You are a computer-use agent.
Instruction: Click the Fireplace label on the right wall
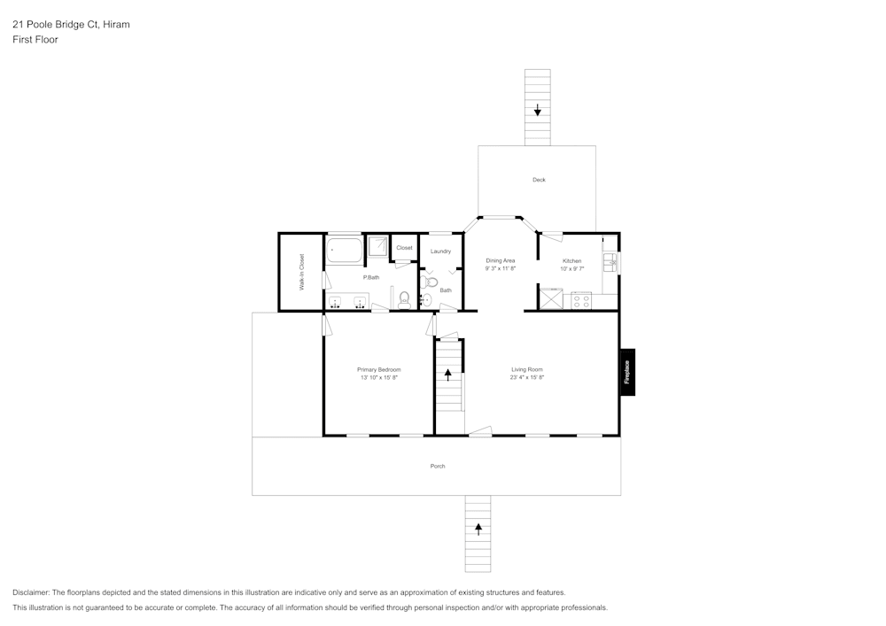click(x=627, y=371)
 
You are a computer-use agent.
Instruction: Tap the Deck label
click(x=539, y=180)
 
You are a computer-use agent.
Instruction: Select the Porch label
click(x=438, y=466)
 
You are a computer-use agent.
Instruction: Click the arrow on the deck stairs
click(x=538, y=111)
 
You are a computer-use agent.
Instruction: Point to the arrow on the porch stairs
click(x=478, y=529)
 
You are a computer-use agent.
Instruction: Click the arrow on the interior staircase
click(x=448, y=374)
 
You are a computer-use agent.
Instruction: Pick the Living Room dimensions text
click(x=526, y=377)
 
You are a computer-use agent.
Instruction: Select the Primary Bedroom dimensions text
click(x=378, y=377)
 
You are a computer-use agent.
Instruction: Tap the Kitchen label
click(x=572, y=261)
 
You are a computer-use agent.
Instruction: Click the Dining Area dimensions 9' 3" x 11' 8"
click(x=501, y=268)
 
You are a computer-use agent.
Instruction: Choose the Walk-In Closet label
click(x=301, y=273)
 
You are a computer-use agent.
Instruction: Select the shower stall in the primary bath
click(x=378, y=247)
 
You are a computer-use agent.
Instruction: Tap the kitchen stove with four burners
click(x=581, y=300)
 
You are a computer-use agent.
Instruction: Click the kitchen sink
click(x=610, y=263)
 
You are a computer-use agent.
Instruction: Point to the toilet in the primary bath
click(x=404, y=298)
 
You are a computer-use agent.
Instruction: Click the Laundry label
click(x=440, y=251)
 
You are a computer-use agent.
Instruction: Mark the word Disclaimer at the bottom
click(x=31, y=592)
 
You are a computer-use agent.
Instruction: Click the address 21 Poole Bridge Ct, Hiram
click(x=71, y=25)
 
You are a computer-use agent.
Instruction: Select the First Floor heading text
click(x=35, y=40)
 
